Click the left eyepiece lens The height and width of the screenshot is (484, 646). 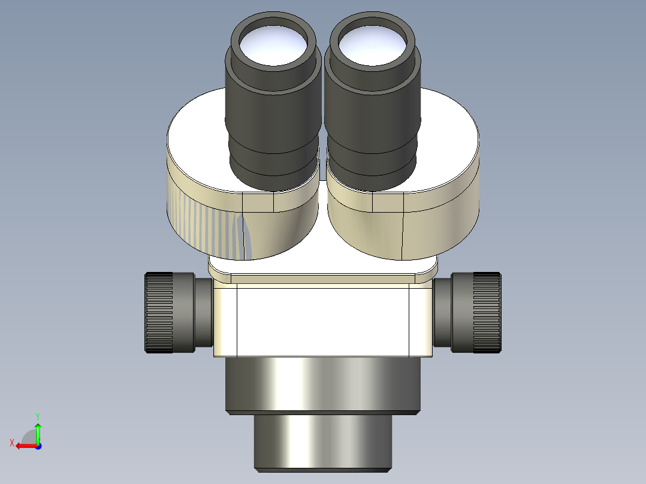[272, 46]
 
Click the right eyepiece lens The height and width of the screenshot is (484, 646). [372, 47]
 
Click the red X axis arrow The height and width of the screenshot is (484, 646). [24, 446]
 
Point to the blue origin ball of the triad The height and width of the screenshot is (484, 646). [38, 446]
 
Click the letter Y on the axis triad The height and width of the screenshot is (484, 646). [37, 416]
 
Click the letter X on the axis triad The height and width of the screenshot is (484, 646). [11, 443]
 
